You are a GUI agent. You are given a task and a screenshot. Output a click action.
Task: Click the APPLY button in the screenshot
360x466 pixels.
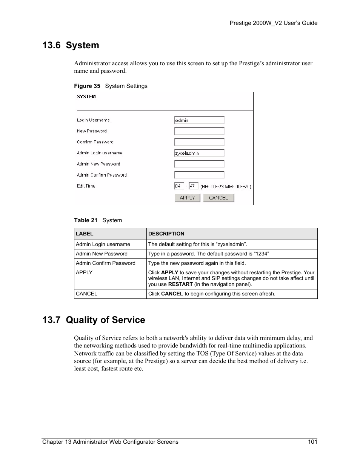click(x=187, y=198)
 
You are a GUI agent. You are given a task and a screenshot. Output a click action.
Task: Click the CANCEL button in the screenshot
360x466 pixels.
click(x=218, y=198)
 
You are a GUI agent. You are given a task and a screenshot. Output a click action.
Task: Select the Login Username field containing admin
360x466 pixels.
click(x=199, y=120)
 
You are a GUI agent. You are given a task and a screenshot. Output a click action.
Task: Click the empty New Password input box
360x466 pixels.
click(x=199, y=131)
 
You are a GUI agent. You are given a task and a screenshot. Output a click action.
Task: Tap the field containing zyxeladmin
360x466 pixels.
click(x=199, y=153)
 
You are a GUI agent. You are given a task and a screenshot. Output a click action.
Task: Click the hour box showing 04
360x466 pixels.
click(x=179, y=186)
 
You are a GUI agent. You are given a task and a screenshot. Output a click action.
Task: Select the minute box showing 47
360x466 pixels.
click(x=193, y=186)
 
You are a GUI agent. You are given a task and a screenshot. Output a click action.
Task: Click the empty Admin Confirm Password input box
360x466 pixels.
click(x=199, y=175)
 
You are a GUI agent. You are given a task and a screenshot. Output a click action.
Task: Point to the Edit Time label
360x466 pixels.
click(x=86, y=186)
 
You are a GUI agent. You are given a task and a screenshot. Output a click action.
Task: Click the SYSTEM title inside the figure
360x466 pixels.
click(x=86, y=97)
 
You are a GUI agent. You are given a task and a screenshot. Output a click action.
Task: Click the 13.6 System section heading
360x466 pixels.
click(x=71, y=45)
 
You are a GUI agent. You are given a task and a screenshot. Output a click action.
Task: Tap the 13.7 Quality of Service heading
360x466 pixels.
click(x=94, y=320)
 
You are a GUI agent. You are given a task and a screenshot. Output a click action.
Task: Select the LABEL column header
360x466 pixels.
click(x=85, y=234)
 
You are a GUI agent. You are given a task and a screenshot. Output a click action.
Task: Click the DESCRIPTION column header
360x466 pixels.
click(x=166, y=234)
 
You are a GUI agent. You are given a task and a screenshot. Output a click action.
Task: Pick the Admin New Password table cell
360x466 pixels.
click(x=102, y=254)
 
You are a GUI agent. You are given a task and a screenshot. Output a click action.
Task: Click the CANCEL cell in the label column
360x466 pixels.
click(x=86, y=294)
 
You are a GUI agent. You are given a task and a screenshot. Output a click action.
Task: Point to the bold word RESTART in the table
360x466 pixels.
click(x=180, y=285)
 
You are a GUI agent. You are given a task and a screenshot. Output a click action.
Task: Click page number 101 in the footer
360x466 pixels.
click(x=312, y=442)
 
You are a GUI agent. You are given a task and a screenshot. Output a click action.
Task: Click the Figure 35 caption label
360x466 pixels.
click(x=87, y=86)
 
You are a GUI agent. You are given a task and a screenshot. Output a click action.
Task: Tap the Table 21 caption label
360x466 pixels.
click(x=86, y=220)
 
